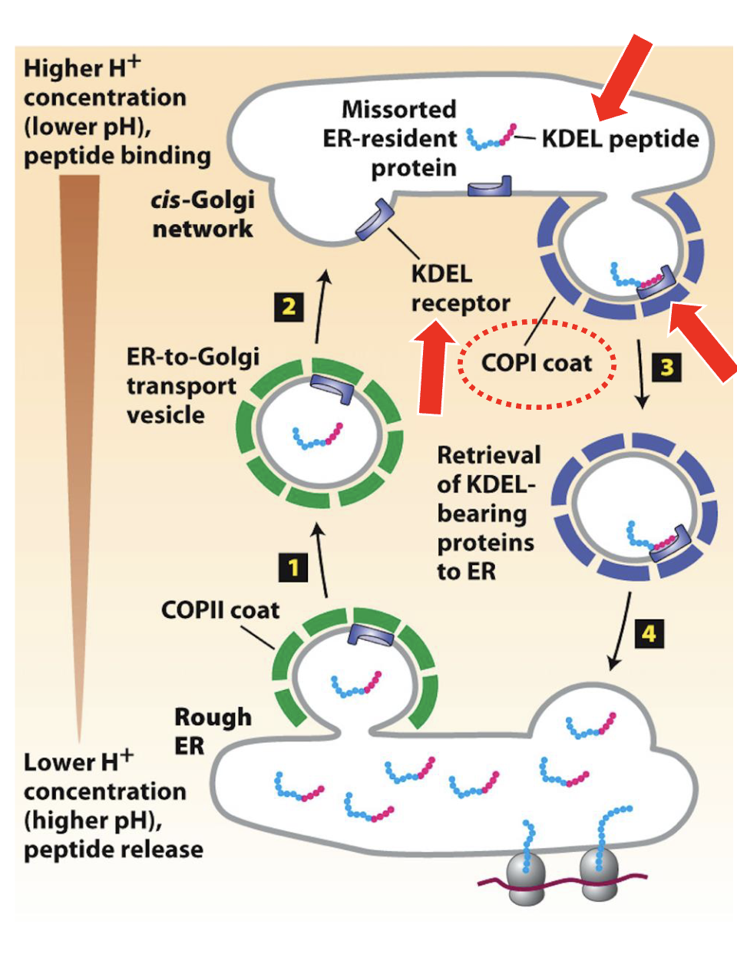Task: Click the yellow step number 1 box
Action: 292,568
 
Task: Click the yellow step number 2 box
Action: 289,307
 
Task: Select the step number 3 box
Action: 667,367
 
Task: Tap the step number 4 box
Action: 649,634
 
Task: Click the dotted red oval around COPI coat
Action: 537,363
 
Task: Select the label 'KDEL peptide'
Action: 620,139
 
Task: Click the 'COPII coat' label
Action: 220,610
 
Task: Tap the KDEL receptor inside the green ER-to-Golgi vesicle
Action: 332,389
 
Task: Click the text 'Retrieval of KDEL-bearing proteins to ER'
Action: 487,513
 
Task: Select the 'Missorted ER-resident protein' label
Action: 392,139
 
